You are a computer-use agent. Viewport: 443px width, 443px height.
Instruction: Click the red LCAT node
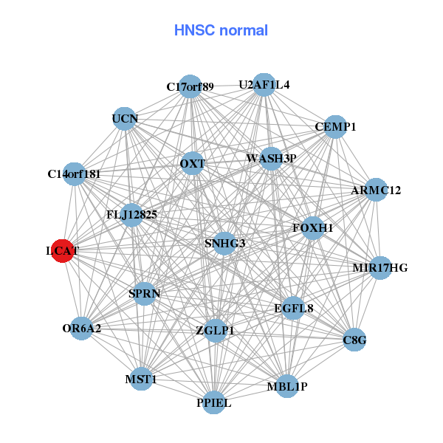(x=63, y=251)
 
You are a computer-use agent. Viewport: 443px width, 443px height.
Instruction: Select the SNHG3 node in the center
(x=224, y=243)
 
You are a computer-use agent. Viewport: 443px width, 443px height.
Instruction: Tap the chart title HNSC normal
(x=221, y=30)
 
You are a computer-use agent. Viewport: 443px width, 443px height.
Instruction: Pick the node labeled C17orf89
(x=190, y=86)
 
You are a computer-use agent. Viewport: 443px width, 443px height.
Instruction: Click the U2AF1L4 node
(x=264, y=84)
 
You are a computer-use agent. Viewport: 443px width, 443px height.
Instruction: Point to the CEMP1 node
(x=335, y=126)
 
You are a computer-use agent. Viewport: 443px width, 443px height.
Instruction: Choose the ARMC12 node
(x=376, y=190)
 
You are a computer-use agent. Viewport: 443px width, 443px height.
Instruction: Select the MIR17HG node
(x=380, y=267)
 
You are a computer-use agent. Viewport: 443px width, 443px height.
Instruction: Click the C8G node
(x=355, y=340)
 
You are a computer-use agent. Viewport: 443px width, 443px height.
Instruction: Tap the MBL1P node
(x=287, y=386)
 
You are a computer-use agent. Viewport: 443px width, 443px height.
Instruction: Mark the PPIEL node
(x=214, y=402)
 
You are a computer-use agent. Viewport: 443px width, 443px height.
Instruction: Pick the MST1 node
(x=141, y=380)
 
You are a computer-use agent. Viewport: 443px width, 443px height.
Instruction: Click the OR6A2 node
(x=81, y=328)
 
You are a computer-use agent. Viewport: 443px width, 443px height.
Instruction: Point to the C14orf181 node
(x=74, y=174)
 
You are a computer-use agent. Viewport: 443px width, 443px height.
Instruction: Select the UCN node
(x=125, y=118)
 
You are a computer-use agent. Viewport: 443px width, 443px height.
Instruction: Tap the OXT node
(x=192, y=163)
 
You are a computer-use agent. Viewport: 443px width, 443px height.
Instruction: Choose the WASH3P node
(x=271, y=158)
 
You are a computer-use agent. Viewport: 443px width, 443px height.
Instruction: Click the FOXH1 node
(x=313, y=227)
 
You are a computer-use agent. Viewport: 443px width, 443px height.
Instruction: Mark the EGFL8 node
(x=294, y=308)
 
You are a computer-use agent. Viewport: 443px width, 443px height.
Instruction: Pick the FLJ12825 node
(x=131, y=215)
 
